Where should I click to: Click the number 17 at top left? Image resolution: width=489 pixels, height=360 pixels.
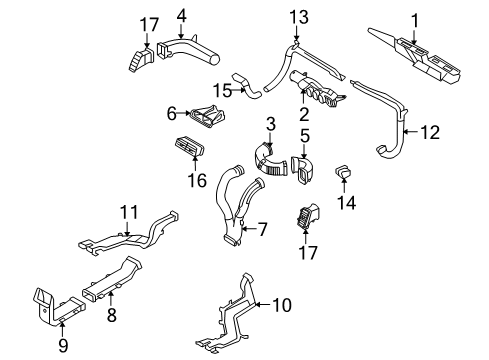click(x=149, y=24)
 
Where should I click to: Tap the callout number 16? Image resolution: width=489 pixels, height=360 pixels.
click(x=198, y=180)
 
